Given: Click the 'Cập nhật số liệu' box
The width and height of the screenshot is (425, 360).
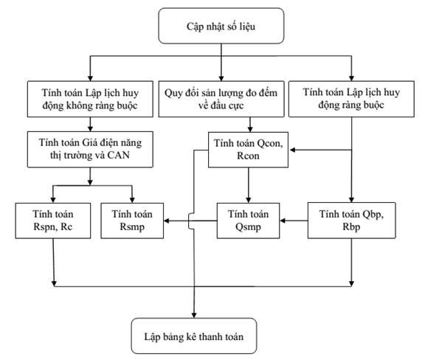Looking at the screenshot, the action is point(221,26).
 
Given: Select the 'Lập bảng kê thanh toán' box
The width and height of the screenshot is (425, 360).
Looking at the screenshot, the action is point(194,336).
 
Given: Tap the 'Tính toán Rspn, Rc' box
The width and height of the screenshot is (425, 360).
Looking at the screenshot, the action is point(53,221).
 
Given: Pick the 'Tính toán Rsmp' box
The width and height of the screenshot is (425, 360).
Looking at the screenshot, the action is point(132,221).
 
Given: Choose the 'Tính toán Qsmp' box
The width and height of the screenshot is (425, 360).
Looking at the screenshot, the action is point(248,221).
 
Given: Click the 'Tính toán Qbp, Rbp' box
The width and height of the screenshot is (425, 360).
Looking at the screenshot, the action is point(351,221).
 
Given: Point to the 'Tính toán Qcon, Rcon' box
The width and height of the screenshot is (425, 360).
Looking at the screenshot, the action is point(248,150).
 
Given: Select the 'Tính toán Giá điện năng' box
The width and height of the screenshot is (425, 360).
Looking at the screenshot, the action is point(90,149).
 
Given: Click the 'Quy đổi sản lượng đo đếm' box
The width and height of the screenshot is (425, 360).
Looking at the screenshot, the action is point(221,99).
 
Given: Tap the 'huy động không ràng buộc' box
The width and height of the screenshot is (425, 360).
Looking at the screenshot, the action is point(90,99).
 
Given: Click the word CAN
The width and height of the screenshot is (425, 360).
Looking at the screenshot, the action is point(119,156).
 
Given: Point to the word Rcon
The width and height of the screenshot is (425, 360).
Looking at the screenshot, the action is point(248,156).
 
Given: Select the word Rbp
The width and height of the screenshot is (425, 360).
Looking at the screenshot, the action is point(351,226).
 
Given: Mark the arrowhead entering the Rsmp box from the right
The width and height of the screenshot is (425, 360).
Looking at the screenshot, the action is point(167,221).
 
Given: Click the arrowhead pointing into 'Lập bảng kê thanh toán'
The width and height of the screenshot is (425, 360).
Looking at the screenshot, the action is point(194,315).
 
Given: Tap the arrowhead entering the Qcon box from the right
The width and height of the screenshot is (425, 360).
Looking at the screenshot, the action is point(292,150).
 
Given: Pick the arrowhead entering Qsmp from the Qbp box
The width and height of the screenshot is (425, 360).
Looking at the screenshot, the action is point(283,221).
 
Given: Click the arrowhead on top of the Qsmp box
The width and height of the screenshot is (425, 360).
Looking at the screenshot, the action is point(249,200).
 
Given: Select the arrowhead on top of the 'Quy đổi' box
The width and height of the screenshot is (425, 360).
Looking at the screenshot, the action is point(221,77).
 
